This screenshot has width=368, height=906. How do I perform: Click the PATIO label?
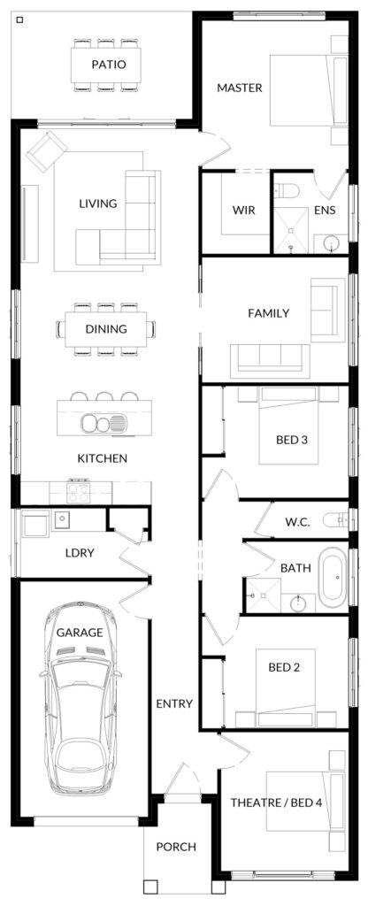tap(108, 65)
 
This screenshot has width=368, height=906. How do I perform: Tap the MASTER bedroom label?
tap(239, 88)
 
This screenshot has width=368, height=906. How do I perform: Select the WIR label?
tap(244, 210)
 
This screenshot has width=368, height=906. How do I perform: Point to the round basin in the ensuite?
tap(331, 243)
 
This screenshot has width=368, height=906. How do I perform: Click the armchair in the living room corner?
tap(46, 150)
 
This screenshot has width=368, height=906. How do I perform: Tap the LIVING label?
tap(97, 203)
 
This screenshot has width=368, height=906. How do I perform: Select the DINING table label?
tap(106, 329)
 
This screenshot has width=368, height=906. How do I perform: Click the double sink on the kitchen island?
tap(103, 423)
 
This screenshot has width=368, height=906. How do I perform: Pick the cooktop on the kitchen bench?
tap(78, 492)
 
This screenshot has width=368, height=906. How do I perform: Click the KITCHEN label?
tap(103, 459)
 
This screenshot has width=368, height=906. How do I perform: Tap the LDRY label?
tap(80, 553)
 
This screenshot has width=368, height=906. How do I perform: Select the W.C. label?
tap(297, 523)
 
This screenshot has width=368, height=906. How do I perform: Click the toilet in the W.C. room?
tap(336, 521)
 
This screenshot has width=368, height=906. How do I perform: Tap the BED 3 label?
tap(291, 441)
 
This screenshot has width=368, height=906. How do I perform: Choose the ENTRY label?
tap(174, 703)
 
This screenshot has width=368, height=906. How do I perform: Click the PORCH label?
tap(176, 847)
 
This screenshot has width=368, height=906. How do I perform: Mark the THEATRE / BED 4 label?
tap(276, 802)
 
